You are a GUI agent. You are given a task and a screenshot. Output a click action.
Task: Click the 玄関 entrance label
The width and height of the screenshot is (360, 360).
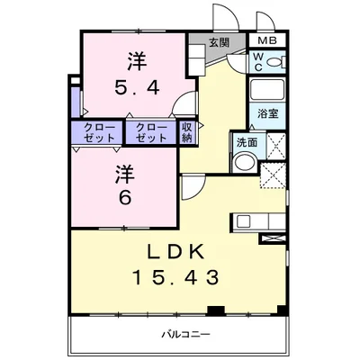pyautogui.click(x=219, y=43)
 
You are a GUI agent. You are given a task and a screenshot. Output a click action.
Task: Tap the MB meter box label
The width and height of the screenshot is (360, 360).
pyautogui.click(x=266, y=40)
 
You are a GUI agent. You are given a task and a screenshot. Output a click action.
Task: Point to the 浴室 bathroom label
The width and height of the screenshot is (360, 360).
pyautogui.click(x=267, y=113)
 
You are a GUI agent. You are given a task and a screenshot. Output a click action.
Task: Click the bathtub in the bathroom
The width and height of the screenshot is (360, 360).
pyautogui.click(x=266, y=89)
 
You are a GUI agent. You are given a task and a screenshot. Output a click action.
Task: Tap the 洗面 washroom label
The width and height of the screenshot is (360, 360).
pyautogui.click(x=247, y=142)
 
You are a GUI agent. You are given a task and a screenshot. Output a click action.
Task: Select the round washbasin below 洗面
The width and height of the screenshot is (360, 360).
pyautogui.click(x=244, y=162)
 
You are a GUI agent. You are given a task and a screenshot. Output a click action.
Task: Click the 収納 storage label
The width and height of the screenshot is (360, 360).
pyautogui.click(x=186, y=132)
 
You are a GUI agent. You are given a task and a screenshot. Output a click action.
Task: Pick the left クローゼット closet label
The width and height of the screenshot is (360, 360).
pyautogui.click(x=99, y=132)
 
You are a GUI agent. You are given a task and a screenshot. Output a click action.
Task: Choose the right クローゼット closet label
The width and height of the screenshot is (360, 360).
pyautogui.click(x=151, y=132)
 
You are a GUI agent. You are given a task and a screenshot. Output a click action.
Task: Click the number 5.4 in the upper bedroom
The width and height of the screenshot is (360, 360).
pyautogui.click(x=137, y=88)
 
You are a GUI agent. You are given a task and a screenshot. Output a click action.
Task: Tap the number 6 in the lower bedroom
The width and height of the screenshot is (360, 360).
pyautogui.click(x=125, y=198)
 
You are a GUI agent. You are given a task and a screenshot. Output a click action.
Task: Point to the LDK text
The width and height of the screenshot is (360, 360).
pyautogui.click(x=175, y=251)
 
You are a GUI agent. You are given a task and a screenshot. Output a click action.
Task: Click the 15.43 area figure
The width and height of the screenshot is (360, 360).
pyautogui.click(x=175, y=277)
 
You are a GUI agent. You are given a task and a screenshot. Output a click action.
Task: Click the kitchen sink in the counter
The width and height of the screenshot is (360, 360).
pyautogui.click(x=243, y=221)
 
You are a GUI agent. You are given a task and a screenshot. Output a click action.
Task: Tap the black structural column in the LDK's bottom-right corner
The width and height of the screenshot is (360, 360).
pyautogui.click(x=281, y=310)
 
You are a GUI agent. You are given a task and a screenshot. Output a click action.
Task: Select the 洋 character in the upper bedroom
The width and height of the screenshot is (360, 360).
pyautogui.click(x=138, y=62)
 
